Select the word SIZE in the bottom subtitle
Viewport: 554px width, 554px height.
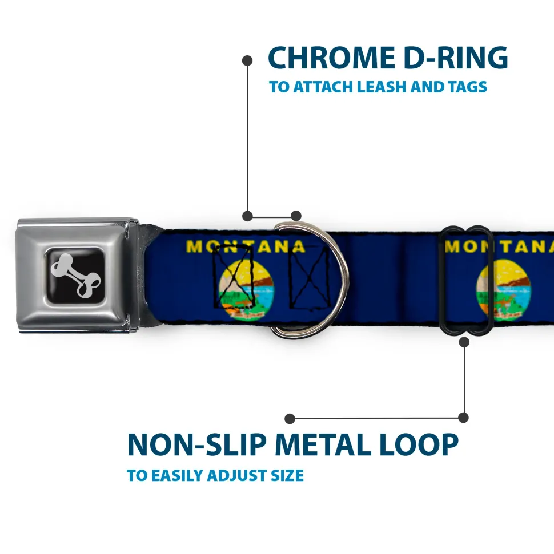[x=288, y=475]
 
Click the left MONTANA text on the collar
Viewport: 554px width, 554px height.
[x=246, y=246]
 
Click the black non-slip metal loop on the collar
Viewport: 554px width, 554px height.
[x=467, y=280]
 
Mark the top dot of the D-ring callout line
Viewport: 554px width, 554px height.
[x=247, y=60]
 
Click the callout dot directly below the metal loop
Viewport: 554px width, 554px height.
[x=464, y=342]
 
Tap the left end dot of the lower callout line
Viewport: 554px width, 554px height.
[x=290, y=419]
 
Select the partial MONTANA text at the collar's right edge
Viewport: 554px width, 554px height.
[x=500, y=247]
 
